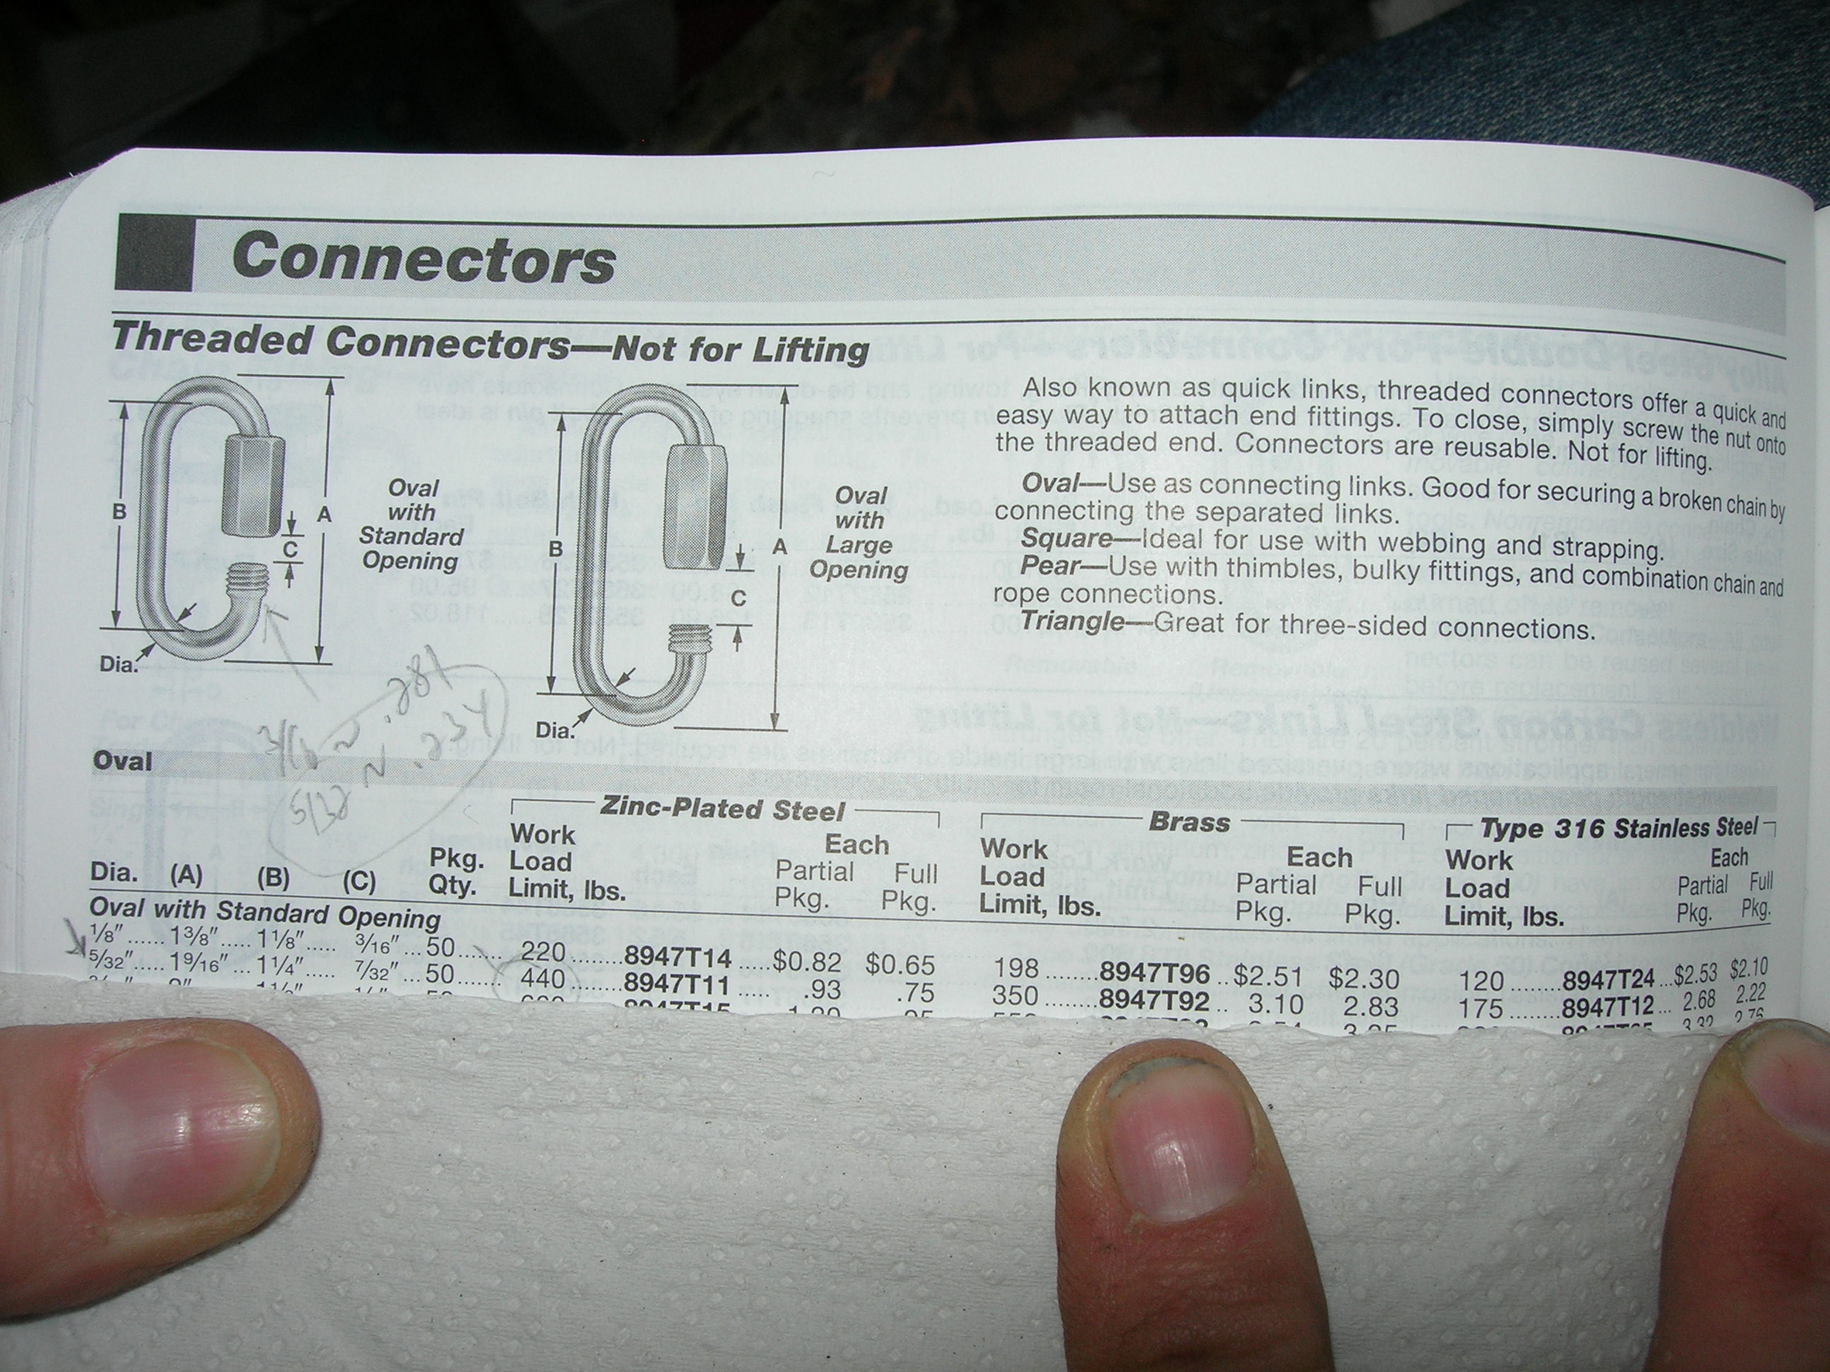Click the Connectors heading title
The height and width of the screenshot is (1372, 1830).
point(424,259)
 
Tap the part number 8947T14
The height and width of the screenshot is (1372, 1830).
point(678,957)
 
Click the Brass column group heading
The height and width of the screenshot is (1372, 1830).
point(1189,822)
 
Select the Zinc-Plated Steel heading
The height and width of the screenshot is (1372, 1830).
point(722,810)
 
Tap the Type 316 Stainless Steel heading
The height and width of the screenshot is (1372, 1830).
point(1617,828)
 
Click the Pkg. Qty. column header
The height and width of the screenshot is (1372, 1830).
point(456,872)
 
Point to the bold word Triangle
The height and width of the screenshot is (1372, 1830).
point(1072,620)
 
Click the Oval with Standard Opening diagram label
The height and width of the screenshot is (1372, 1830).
point(410,524)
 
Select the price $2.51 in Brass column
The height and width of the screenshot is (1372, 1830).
point(1267,975)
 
